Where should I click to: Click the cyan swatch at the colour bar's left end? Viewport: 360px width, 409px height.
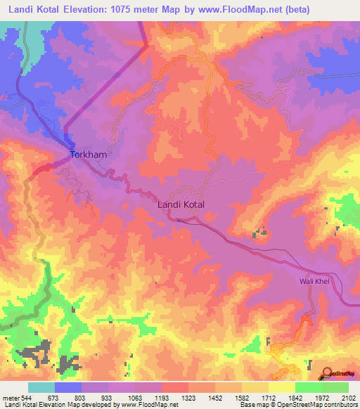click(x=41, y=388)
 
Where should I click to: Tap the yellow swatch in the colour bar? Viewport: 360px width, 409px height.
click(x=282, y=388)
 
